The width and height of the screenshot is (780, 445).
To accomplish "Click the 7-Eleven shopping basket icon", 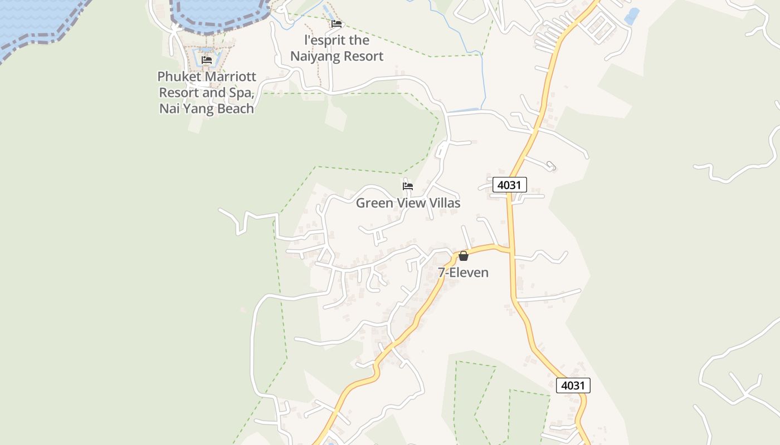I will (463, 256).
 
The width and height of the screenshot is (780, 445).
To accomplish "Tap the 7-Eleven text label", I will (463, 273).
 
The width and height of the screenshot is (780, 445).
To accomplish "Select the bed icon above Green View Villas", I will (408, 186).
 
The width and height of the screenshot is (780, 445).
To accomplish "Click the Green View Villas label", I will (408, 203).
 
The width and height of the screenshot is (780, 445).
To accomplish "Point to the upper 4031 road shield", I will (509, 185).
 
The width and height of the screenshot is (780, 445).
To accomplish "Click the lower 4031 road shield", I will (573, 385).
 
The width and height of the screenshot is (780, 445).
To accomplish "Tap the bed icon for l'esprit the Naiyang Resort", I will (337, 24).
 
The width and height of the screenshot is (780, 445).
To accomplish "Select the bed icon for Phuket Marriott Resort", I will (207, 60).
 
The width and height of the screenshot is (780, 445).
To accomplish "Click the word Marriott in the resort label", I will (226, 76).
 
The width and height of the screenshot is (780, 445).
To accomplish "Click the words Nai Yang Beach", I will (207, 108).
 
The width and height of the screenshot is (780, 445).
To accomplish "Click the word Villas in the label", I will (444, 203).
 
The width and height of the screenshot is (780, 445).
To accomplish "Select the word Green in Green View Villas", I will (374, 203).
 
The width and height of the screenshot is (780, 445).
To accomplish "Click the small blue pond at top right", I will (632, 16).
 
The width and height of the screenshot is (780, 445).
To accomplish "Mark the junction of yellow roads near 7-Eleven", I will (510, 249).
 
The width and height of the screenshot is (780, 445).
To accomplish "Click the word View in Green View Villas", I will (412, 203).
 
